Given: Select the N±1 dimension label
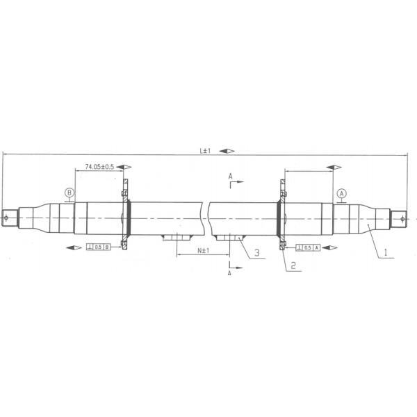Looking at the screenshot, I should (203, 250).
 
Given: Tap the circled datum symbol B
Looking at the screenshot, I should (69, 193).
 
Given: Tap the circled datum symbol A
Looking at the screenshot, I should (341, 193).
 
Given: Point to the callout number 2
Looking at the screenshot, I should (293, 265).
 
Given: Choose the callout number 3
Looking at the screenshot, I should (256, 253).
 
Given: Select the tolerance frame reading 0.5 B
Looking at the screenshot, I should (98, 247).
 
